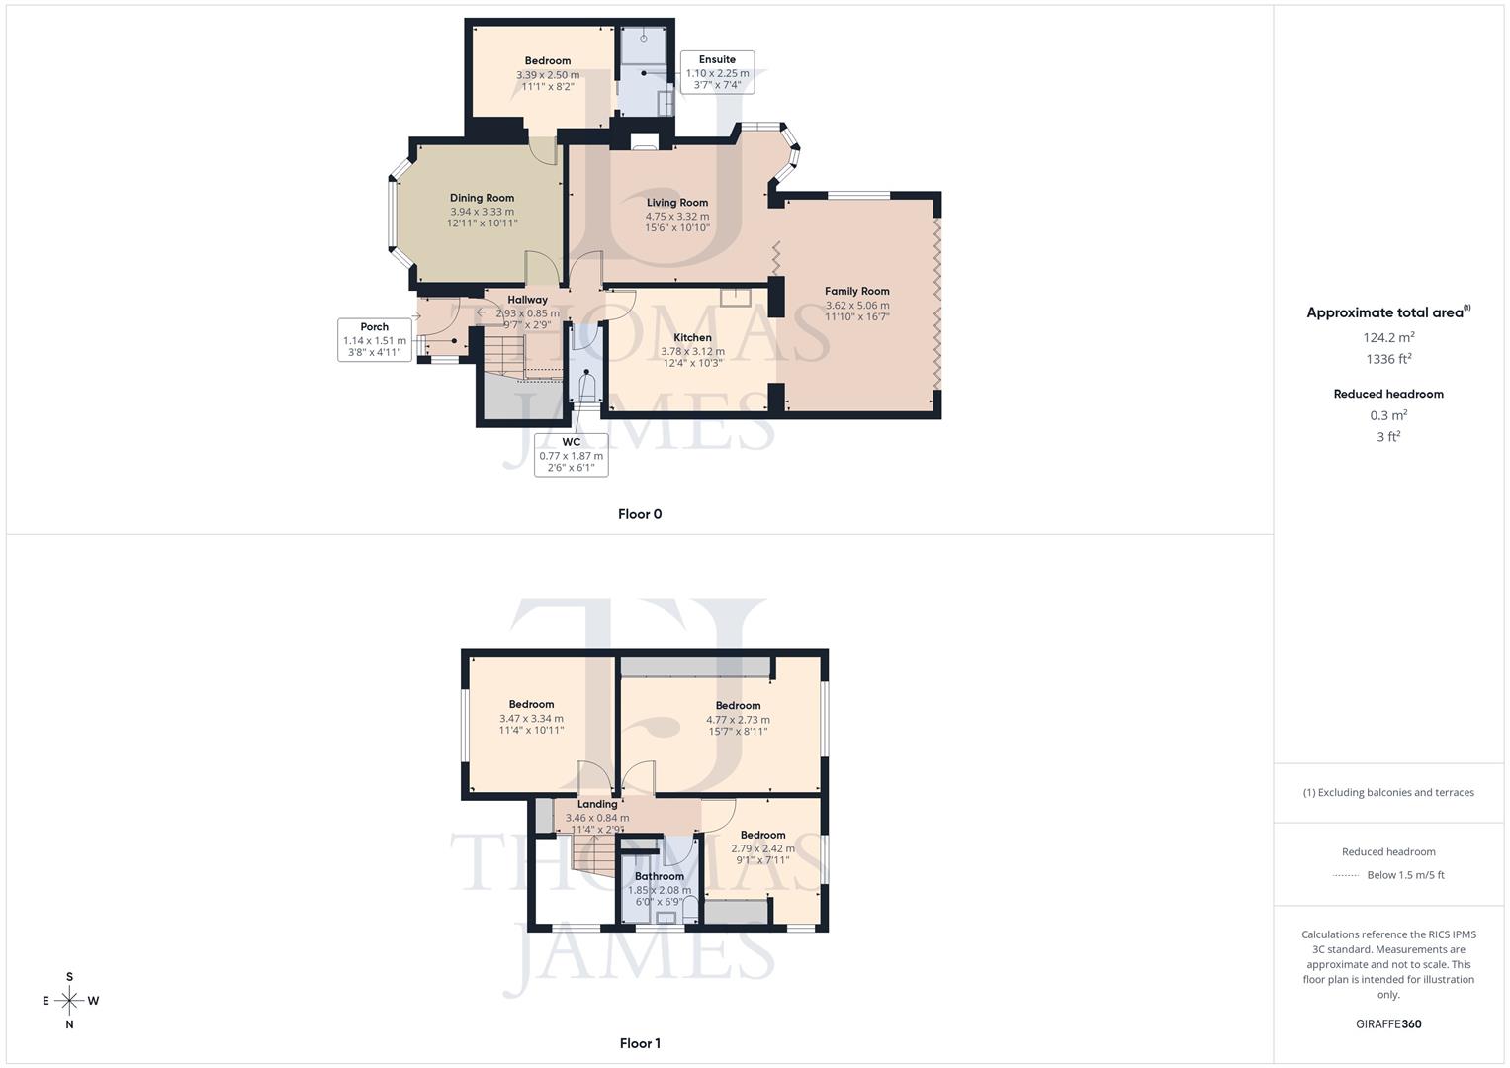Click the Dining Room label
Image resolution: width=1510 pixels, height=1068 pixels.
482,198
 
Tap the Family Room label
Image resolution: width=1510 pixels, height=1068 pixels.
856,291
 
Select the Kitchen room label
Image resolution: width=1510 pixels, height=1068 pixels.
692,337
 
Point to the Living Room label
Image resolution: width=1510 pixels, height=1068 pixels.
677,203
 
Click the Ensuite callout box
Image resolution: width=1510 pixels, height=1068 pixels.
717,72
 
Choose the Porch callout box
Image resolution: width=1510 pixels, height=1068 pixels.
374,339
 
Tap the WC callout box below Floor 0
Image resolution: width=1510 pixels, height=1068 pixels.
571,455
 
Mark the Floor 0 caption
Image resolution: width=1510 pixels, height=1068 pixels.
640,514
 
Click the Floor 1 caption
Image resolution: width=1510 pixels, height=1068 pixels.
640,1043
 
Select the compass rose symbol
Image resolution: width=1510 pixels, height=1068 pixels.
69,1001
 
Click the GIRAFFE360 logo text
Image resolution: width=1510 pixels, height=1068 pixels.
1387,1023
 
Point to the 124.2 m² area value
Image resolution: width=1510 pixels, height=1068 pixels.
1388,337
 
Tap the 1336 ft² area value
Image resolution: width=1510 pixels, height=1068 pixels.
1388,359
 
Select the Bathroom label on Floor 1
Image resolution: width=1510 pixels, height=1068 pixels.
659,876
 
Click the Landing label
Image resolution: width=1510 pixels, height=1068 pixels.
597,804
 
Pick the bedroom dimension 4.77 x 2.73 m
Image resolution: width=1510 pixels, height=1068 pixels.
738,719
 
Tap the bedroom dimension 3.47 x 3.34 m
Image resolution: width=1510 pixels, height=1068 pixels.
531,718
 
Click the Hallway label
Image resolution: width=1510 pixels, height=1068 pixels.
527,300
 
